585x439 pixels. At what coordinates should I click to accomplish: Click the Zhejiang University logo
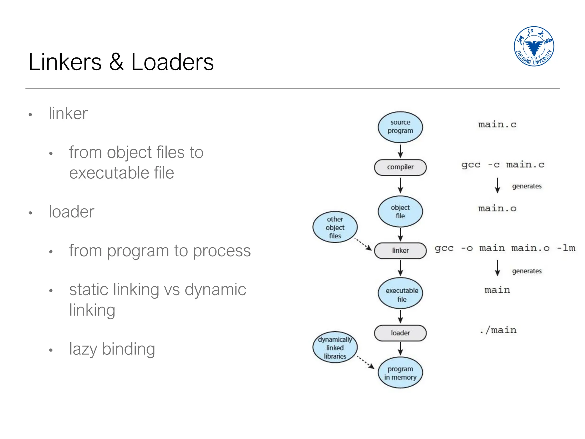[x=534, y=46]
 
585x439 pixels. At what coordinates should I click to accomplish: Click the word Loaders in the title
[x=172, y=62]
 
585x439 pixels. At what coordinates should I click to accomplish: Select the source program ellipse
[x=400, y=127]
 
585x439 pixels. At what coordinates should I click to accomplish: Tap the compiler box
[x=400, y=167]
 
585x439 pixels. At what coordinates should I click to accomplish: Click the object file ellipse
[x=400, y=211]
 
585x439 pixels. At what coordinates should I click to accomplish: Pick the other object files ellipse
[x=335, y=227]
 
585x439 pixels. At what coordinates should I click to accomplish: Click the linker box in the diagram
[x=400, y=251]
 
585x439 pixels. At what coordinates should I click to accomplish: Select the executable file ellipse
[x=400, y=294]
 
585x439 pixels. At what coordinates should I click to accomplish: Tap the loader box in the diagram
[x=400, y=333]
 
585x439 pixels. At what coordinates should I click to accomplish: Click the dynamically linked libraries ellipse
[x=335, y=348]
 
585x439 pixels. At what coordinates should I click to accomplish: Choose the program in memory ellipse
[x=400, y=373]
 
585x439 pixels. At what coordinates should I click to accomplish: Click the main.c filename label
[x=497, y=125]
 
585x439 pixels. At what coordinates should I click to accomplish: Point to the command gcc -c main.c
[x=503, y=165]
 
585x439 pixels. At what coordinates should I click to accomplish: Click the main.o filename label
[x=497, y=208]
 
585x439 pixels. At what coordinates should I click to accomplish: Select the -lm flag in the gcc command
[x=566, y=248]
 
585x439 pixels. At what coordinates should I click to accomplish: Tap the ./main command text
[x=498, y=330]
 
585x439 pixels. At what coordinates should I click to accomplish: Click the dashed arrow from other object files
[x=363, y=244]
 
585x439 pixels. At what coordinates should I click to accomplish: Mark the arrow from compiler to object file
[x=400, y=185]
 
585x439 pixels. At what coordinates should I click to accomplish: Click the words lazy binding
[x=112, y=349]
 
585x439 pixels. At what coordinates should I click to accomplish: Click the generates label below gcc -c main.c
[x=526, y=186]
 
